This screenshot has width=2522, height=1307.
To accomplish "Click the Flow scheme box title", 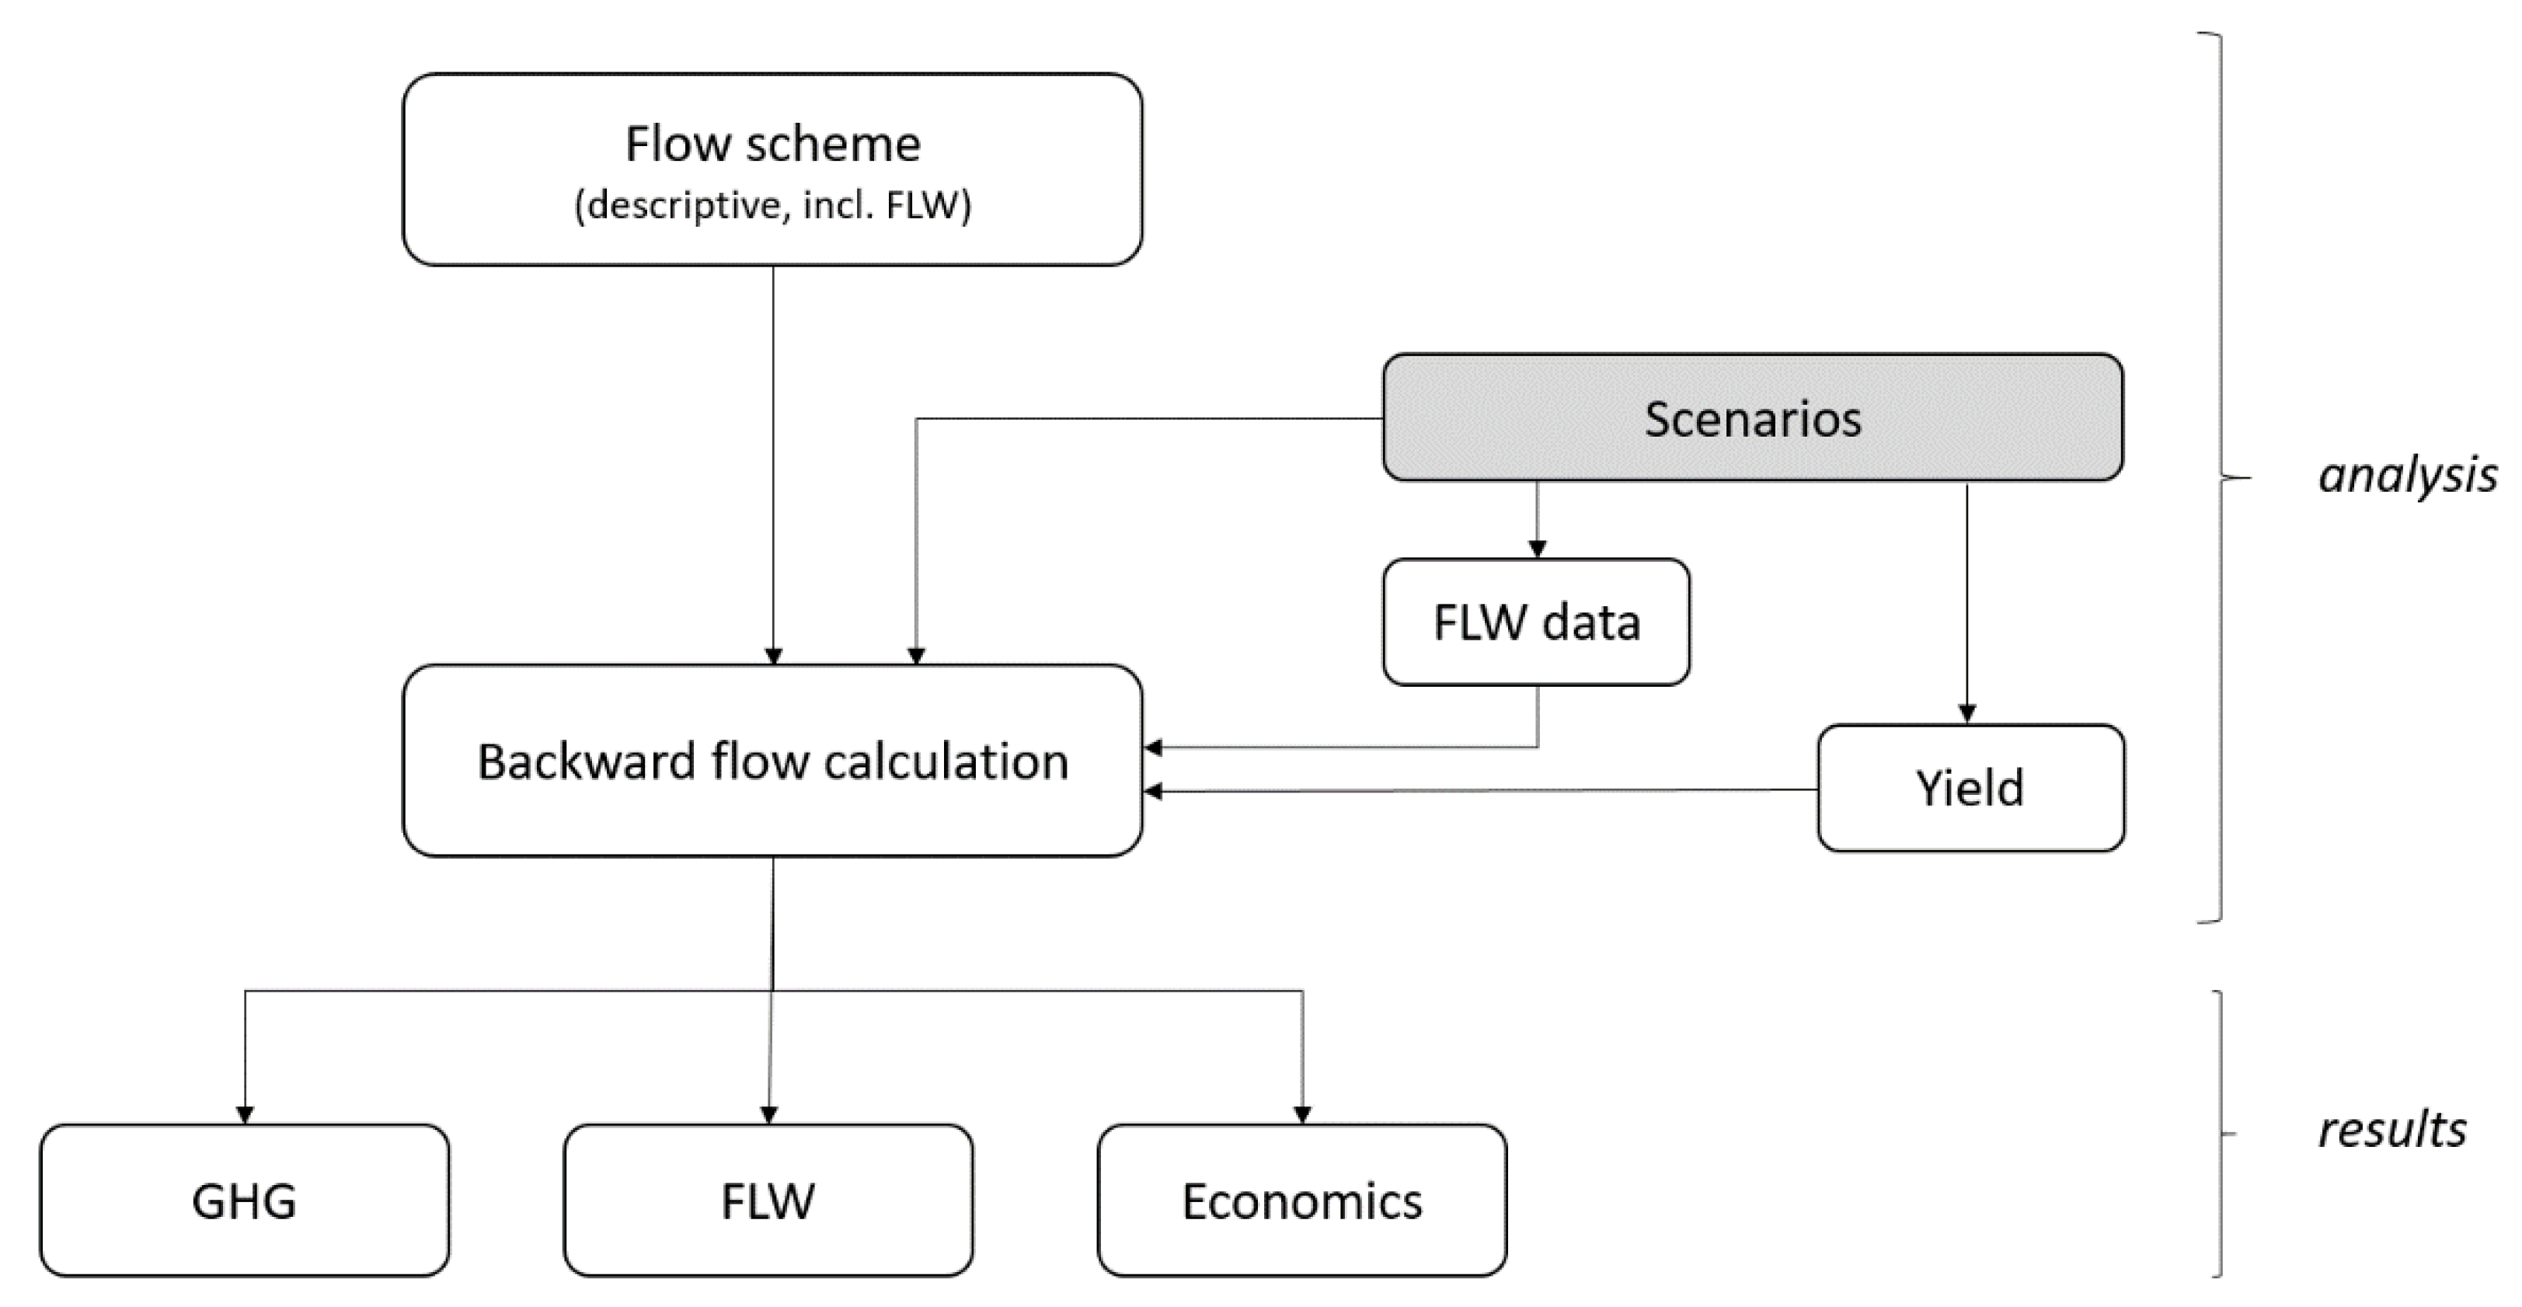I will pyautogui.click(x=772, y=144).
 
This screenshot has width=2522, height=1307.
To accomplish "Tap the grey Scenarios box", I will pyautogui.click(x=1753, y=418).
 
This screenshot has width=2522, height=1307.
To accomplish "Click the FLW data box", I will pyautogui.click(x=1536, y=622).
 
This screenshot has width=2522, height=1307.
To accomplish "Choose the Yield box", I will pyautogui.click(x=1970, y=788).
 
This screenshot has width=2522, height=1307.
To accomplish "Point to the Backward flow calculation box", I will pyautogui.click(x=772, y=762).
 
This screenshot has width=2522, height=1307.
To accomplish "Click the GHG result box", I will pyautogui.click(x=244, y=1201).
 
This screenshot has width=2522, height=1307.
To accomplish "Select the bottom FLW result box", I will pyautogui.click(x=768, y=1201).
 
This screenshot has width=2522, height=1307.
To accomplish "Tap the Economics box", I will pyautogui.click(x=1301, y=1201).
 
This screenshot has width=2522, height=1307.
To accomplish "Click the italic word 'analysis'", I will pyautogui.click(x=2406, y=476).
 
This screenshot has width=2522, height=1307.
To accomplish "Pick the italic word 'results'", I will pyautogui.click(x=2391, y=1130).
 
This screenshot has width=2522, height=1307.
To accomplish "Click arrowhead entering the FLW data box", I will pyautogui.click(x=1537, y=549).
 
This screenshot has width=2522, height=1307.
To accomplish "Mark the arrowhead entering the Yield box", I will pyautogui.click(x=1968, y=715).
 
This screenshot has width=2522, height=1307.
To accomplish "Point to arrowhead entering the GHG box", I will pyautogui.click(x=245, y=1115).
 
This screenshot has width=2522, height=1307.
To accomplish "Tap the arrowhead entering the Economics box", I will pyautogui.click(x=1302, y=1115).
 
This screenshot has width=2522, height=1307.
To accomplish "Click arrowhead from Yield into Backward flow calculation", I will pyautogui.click(x=1153, y=791).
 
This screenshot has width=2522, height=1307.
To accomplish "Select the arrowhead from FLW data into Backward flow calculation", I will pyautogui.click(x=1153, y=748).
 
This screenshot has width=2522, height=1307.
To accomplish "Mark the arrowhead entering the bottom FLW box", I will pyautogui.click(x=768, y=1115).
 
